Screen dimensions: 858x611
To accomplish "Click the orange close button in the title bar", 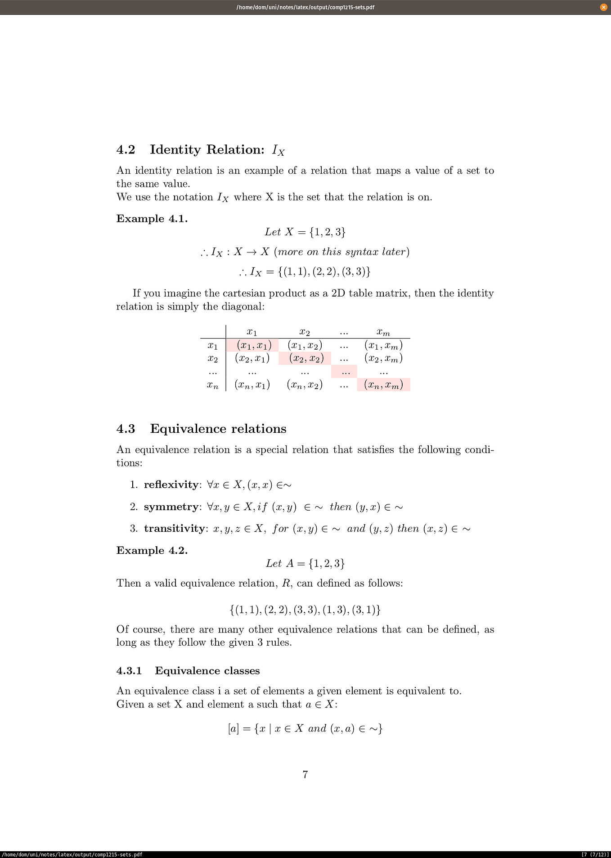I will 603,7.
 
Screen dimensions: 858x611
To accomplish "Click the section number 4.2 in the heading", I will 126,150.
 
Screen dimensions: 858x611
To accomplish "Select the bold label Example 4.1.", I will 152,219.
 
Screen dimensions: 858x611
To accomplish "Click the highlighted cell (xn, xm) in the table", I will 383,385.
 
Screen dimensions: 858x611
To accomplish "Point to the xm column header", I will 383,332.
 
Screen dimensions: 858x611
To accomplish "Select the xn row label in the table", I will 213,385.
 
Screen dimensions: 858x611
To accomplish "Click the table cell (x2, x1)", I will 252,359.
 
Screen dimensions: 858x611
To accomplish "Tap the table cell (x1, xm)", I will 383,346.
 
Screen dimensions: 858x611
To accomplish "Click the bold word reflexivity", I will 171,485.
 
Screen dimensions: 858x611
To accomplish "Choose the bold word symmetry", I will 171,507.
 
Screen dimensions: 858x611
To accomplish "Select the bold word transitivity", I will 174,529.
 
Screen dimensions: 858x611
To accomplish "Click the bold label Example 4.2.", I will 152,551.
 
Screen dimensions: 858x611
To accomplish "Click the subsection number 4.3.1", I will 129,671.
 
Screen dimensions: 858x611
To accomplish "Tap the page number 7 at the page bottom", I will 305,775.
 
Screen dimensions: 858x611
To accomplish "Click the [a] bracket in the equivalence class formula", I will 233,728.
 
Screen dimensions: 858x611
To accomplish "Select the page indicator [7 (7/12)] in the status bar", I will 595,854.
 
